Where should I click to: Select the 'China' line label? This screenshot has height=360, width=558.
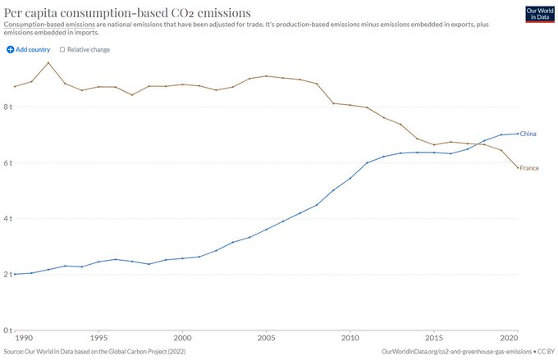click(528, 133)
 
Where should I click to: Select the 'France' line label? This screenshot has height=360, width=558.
click(529, 168)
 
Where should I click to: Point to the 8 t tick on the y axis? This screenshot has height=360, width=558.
click(7, 107)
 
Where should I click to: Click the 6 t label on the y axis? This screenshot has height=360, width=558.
click(7, 162)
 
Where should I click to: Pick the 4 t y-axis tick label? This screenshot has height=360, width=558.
click(7, 218)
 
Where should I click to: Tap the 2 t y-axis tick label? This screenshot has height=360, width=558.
click(7, 274)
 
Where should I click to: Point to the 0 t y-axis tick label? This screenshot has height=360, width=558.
click(7, 330)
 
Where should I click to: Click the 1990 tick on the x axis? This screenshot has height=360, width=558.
click(23, 337)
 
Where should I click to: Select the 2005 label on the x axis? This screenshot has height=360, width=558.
click(266, 337)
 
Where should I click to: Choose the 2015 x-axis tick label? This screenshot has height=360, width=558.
click(434, 337)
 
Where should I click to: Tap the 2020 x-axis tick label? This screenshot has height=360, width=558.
click(509, 337)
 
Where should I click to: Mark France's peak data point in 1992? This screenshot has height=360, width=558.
click(48, 63)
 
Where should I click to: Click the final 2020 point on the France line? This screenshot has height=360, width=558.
click(517, 167)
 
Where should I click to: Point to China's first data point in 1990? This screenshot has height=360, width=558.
click(15, 274)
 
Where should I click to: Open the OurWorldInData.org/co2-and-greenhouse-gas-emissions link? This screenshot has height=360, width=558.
click(456, 351)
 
